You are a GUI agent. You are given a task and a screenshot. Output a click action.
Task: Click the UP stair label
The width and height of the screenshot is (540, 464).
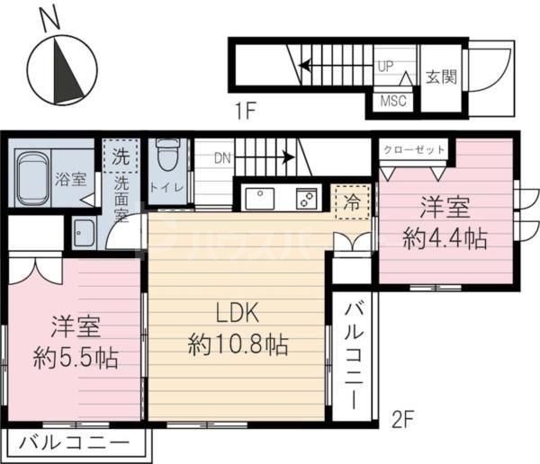[386, 66]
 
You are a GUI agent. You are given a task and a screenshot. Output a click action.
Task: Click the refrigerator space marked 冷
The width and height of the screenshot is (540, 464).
[350, 201]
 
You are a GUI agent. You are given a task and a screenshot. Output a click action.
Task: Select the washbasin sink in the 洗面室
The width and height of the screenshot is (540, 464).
[85, 232]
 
